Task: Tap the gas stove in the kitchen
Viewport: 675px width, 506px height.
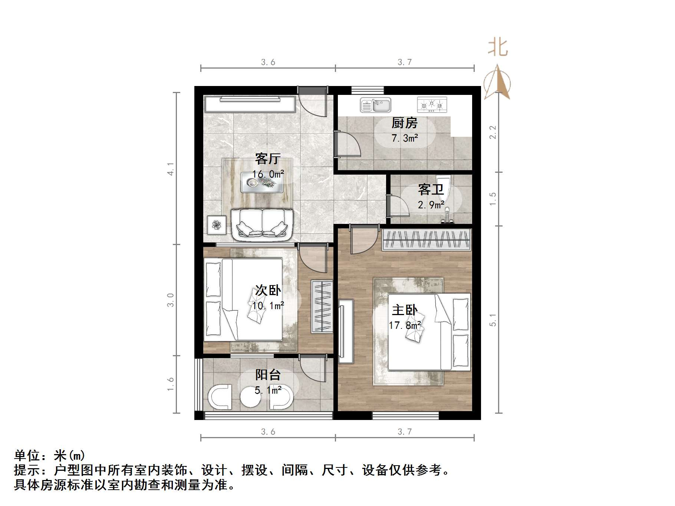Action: tap(432, 105)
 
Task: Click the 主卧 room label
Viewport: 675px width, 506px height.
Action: tap(405, 310)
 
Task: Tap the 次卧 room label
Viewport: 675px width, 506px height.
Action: tap(268, 290)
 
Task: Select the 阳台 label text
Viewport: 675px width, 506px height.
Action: tap(268, 375)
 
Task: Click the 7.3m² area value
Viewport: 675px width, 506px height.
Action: tap(405, 138)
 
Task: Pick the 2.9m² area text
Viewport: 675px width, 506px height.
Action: tap(431, 205)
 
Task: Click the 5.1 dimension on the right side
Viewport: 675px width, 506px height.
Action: tap(493, 320)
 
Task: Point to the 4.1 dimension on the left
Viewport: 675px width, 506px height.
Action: tap(171, 169)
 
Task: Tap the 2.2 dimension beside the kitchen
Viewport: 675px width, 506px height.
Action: tap(493, 132)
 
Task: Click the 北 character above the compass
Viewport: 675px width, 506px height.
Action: tap(497, 48)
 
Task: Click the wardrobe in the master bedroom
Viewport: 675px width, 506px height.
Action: tap(427, 239)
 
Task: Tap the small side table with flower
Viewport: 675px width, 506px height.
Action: tap(216, 225)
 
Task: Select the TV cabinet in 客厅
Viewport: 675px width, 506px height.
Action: tap(250, 104)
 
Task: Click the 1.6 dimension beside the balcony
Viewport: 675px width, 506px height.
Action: tap(171, 384)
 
